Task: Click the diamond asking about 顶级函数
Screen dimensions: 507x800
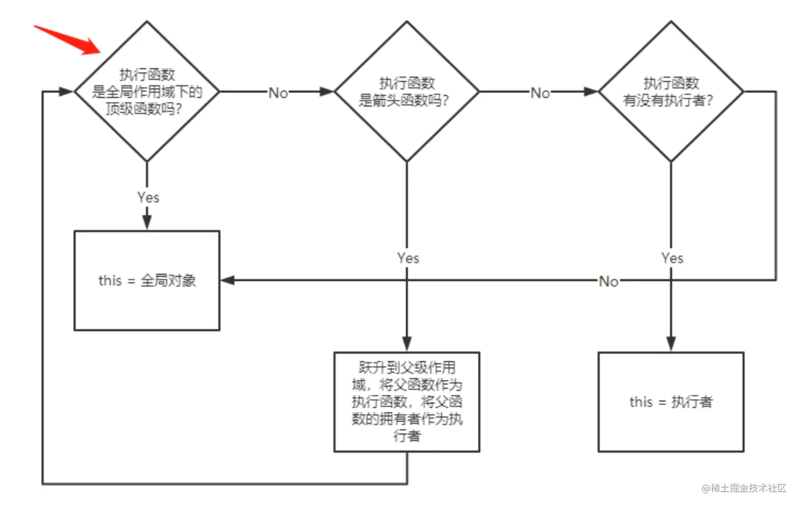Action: click(147, 91)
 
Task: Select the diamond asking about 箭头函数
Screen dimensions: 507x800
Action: click(406, 91)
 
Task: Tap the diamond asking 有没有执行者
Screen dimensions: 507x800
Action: click(670, 91)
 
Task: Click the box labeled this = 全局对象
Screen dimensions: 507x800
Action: click(147, 280)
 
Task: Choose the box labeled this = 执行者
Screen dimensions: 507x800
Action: click(670, 402)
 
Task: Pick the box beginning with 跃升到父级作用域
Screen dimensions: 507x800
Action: click(406, 402)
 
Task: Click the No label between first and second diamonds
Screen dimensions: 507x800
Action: click(278, 93)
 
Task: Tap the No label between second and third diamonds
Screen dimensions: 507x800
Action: click(540, 93)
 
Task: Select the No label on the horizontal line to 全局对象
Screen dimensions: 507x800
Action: click(608, 281)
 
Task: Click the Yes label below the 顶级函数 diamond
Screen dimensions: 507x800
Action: click(148, 197)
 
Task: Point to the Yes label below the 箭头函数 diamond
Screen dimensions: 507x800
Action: click(408, 258)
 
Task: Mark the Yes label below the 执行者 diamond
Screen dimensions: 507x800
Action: click(672, 258)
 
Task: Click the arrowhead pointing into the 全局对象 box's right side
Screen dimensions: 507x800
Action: click(228, 280)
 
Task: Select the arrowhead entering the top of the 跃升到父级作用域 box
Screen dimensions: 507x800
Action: click(406, 344)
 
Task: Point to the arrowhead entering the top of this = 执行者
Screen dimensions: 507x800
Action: click(670, 344)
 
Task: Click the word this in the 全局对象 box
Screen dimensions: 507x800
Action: click(110, 280)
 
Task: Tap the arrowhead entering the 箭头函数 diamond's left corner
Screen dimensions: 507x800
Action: click(326, 91)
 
